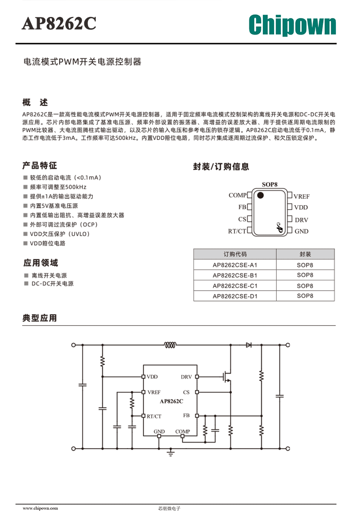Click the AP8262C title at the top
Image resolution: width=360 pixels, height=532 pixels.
[x=59, y=24]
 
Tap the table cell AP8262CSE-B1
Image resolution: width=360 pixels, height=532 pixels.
[x=235, y=275]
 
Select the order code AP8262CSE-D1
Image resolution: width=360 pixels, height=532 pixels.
[x=235, y=296]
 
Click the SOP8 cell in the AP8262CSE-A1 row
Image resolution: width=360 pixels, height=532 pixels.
[x=305, y=265]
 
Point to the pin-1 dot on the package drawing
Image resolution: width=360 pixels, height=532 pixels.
[x=260, y=195]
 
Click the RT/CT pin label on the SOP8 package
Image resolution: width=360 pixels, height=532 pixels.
[x=237, y=232]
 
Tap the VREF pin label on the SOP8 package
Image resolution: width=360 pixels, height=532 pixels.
[x=301, y=197]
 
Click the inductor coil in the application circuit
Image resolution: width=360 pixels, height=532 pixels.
[x=170, y=345]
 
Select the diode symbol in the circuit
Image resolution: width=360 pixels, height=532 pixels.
[x=248, y=345]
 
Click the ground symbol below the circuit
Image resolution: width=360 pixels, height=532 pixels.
[x=171, y=453]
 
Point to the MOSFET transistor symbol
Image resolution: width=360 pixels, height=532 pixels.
[x=226, y=376]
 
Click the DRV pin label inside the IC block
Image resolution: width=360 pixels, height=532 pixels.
[x=186, y=377]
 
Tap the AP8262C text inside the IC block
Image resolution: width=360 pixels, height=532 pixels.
[x=172, y=401]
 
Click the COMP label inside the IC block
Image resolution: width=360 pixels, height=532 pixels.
[x=183, y=432]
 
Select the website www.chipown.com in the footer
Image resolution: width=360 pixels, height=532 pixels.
[x=40, y=508]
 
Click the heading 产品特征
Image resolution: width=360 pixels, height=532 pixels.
[x=40, y=166]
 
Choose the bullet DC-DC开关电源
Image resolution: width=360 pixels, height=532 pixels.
[x=52, y=283]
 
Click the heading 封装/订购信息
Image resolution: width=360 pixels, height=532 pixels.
[x=221, y=167]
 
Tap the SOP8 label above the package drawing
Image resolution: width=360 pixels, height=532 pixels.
[x=269, y=185]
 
